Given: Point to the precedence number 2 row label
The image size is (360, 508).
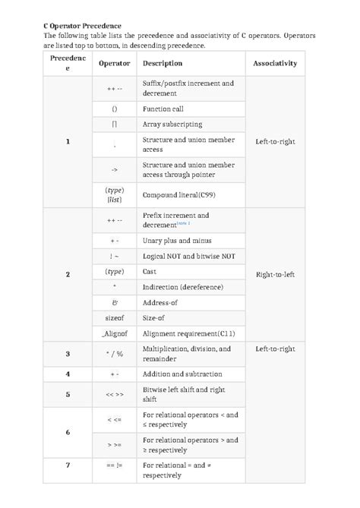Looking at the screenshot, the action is click(68, 274).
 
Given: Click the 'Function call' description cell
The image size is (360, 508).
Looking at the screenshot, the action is click(163, 109).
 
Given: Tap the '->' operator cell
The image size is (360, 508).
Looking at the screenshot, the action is click(114, 169).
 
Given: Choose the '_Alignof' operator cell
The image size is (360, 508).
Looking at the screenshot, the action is click(114, 333).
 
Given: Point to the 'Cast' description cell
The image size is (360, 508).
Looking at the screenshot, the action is click(150, 271).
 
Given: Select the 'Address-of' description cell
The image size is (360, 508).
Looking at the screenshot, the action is click(162, 301).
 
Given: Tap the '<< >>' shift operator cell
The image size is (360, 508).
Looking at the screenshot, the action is click(114, 395).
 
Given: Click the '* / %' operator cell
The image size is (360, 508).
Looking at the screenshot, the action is click(114, 354).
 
